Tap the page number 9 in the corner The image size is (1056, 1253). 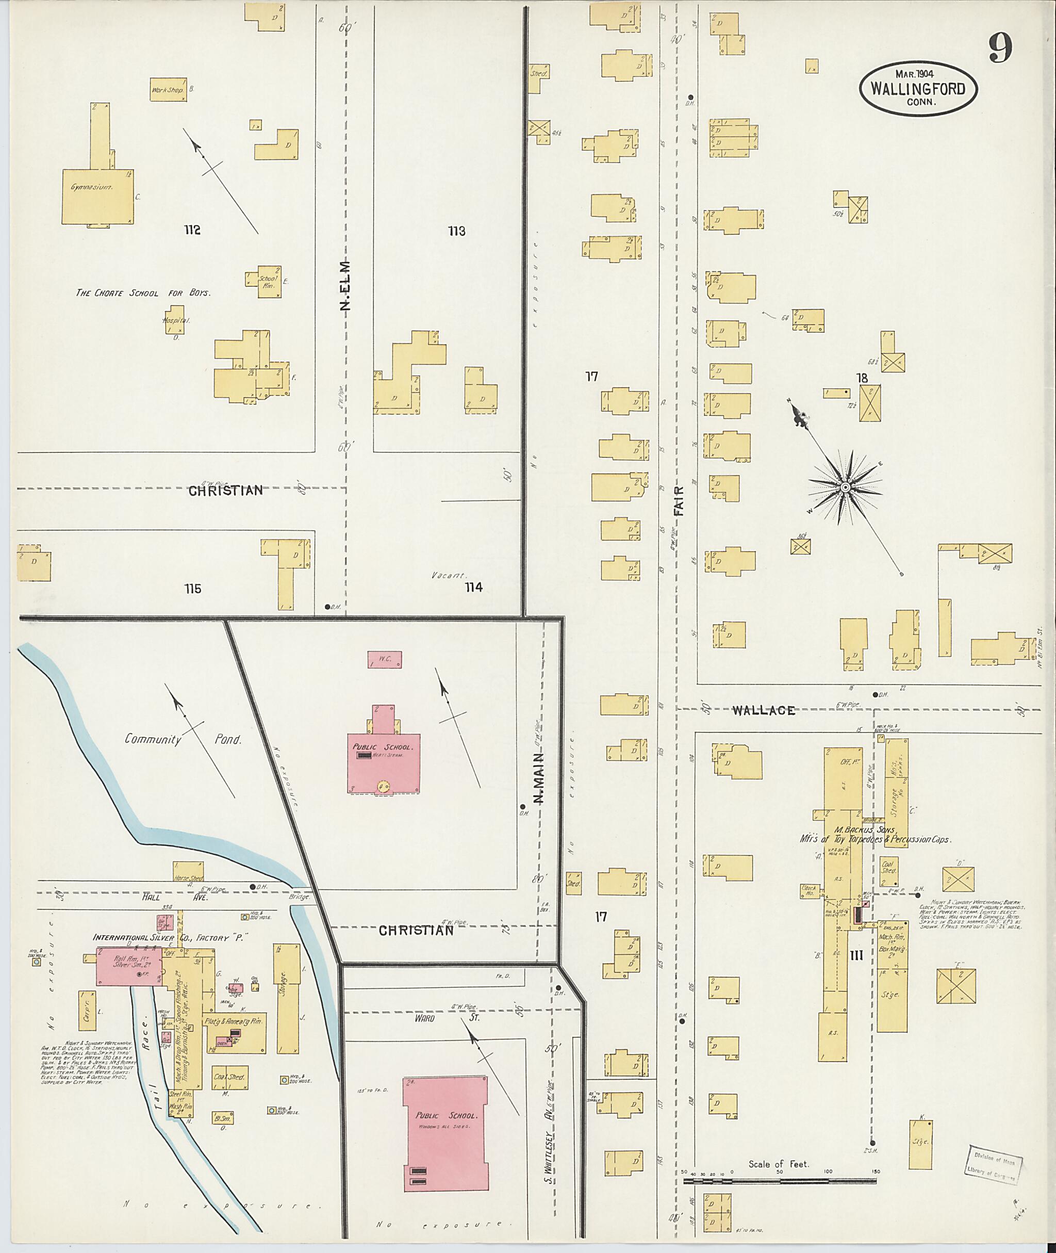(1000, 48)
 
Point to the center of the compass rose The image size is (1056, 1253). (845, 488)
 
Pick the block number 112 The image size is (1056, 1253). (192, 231)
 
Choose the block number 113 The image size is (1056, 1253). (457, 231)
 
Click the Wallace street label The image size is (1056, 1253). (763, 710)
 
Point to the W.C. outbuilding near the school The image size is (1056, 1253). (384, 660)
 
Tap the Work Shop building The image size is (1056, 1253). (168, 90)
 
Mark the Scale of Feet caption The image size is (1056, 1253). (778, 1164)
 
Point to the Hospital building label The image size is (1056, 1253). (176, 320)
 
